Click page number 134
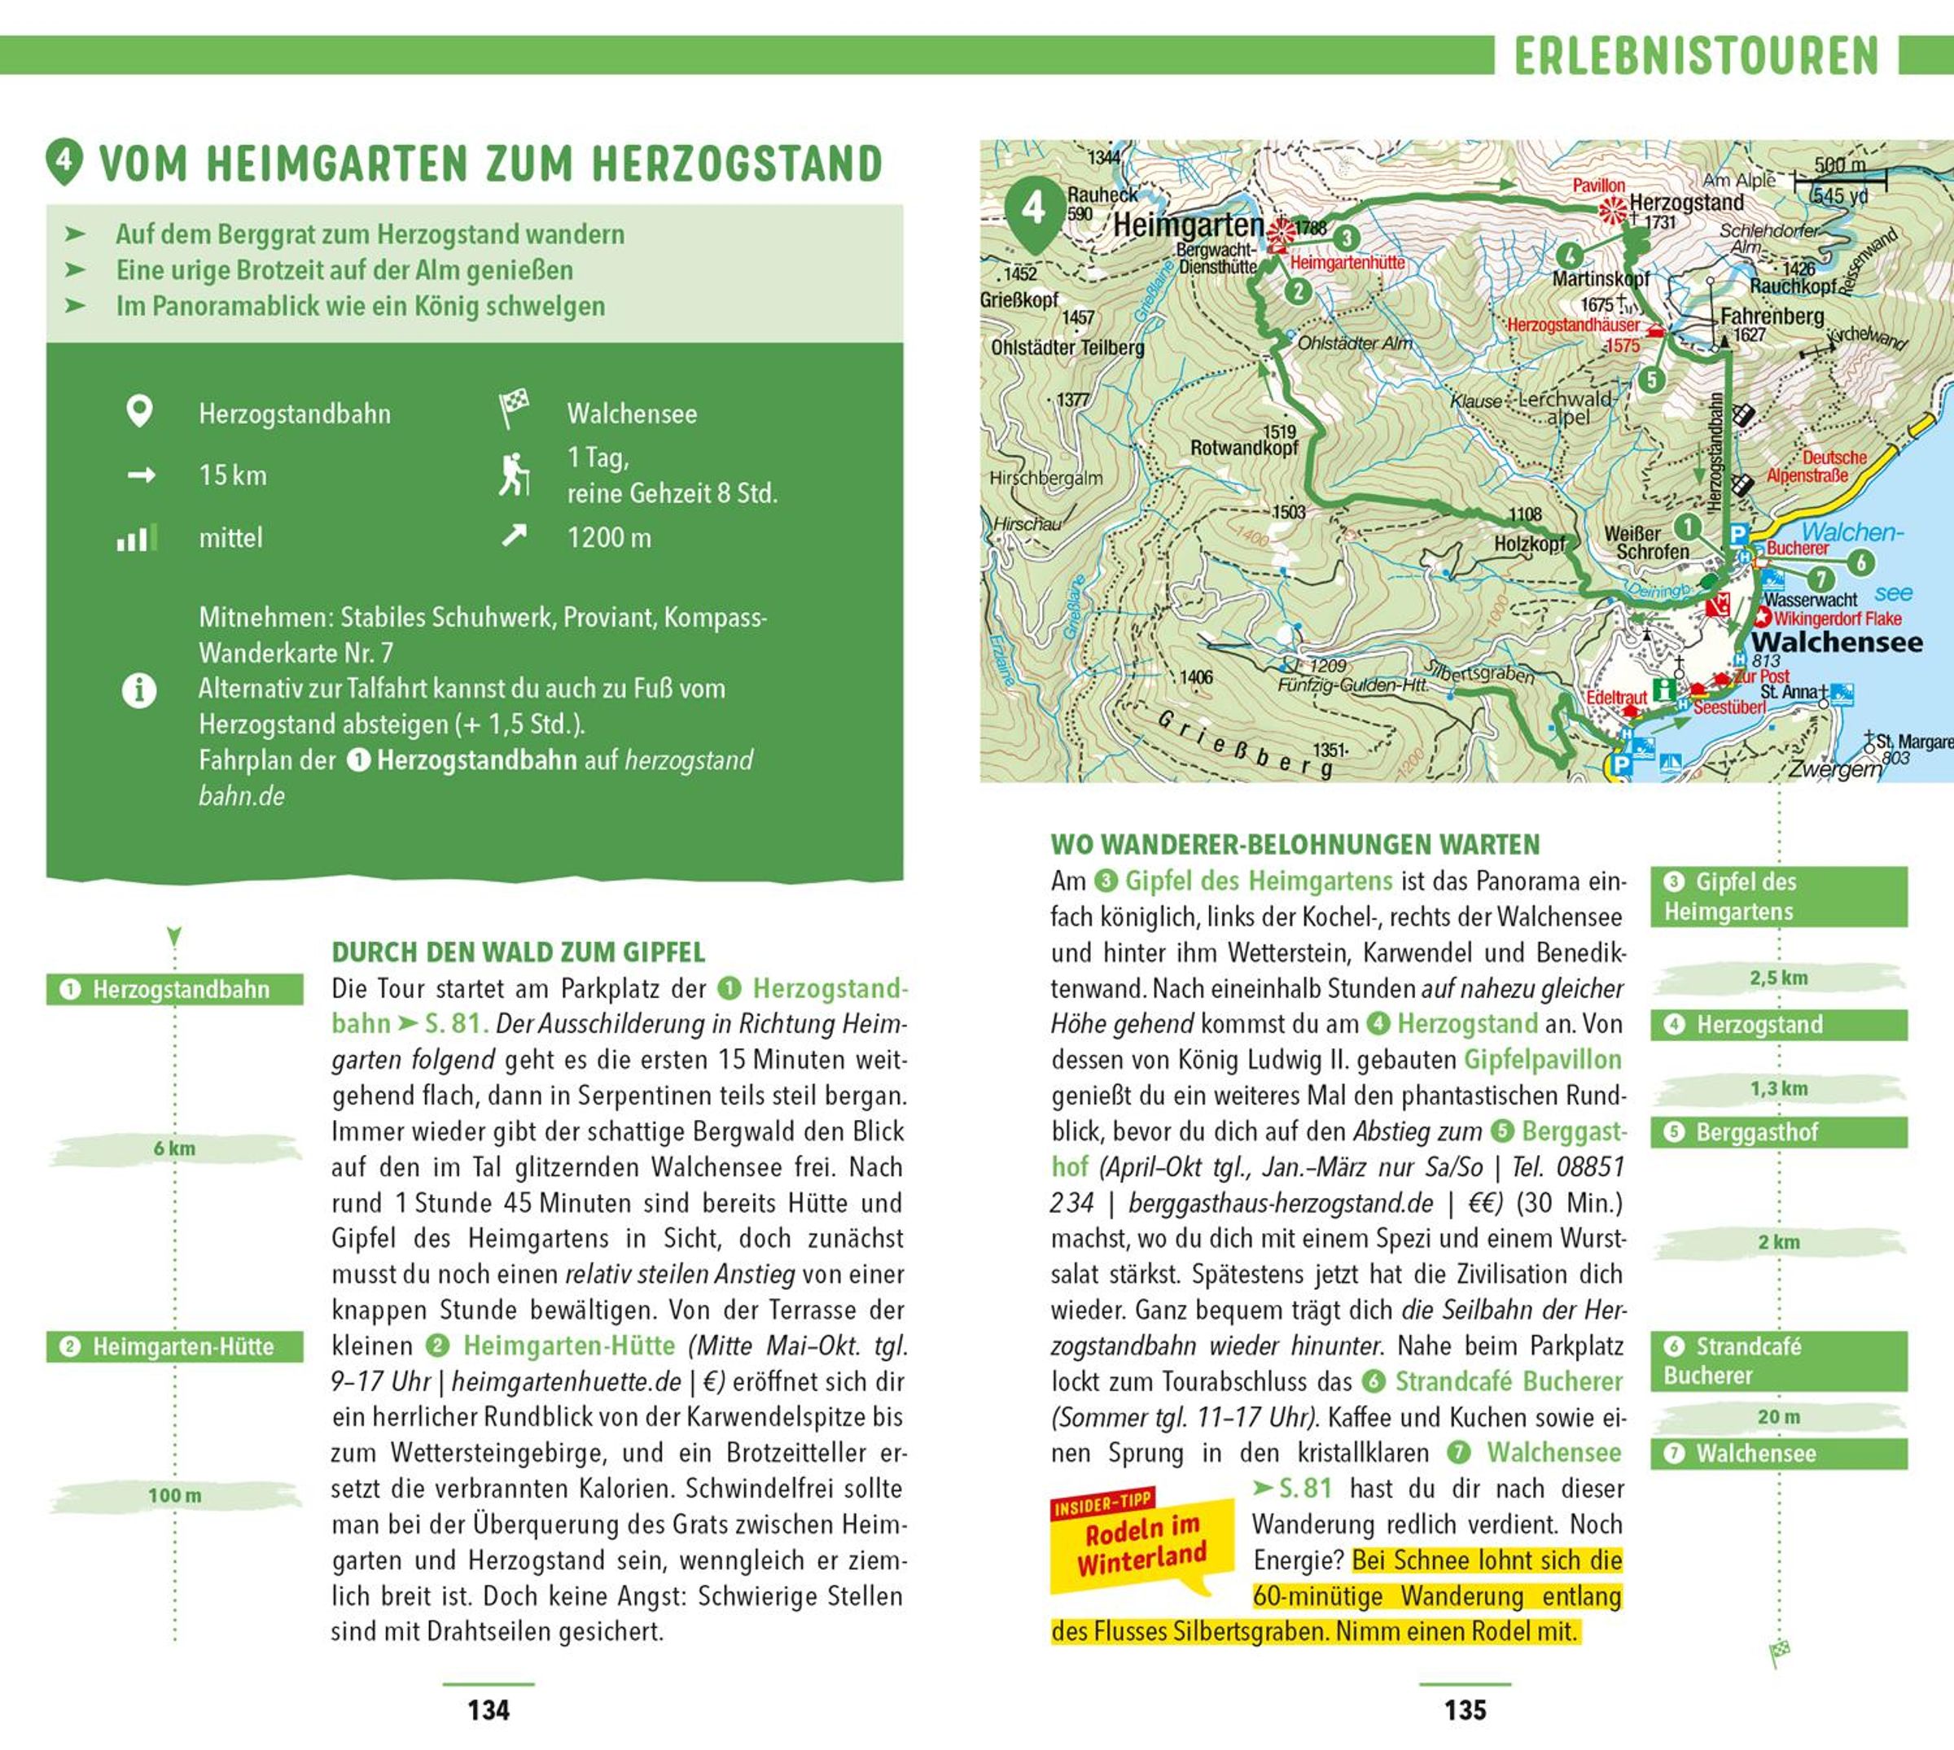(488, 1709)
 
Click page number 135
(1465, 1709)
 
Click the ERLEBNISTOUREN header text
(1696, 56)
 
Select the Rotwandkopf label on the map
(1243, 447)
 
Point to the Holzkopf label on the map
(1529, 543)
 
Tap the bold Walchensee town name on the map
(1837, 642)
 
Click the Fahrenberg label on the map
(1772, 317)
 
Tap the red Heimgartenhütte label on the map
(1347, 262)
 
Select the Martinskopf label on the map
(1600, 279)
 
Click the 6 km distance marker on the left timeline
(174, 1148)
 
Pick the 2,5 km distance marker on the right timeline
(1778, 978)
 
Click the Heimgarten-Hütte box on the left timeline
(174, 1346)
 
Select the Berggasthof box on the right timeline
(1778, 1131)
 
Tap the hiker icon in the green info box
(515, 474)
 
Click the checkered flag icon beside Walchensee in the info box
(515, 408)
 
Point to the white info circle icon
(139, 690)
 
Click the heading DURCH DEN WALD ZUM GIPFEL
(519, 952)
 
